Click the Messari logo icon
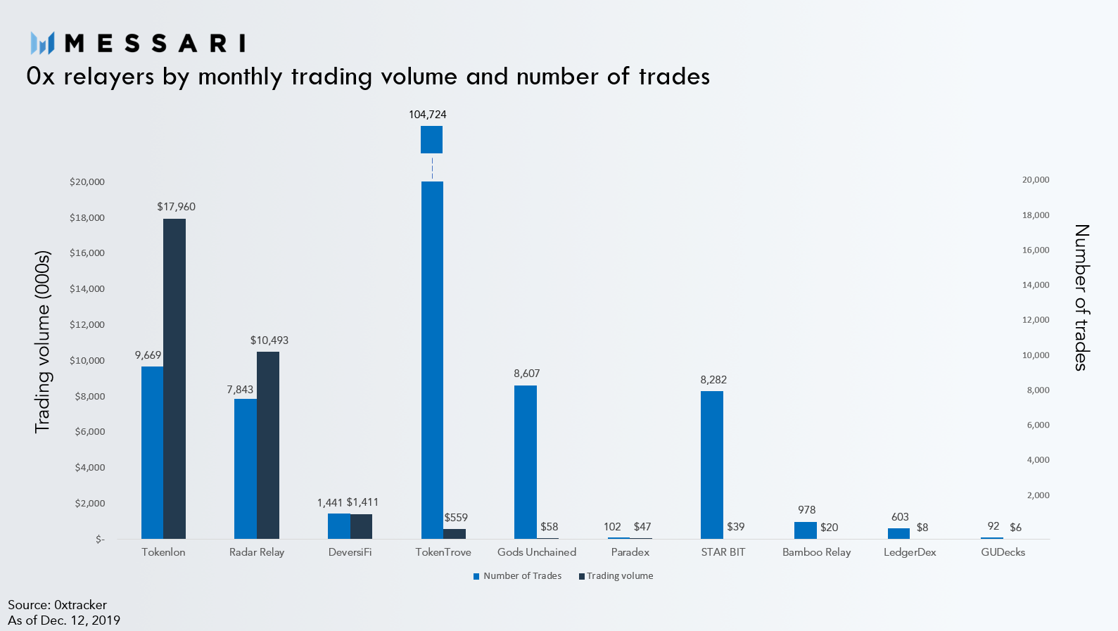pos(42,43)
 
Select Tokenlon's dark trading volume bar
pos(174,379)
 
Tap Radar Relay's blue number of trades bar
pos(246,469)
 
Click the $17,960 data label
pos(176,207)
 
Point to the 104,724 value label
pos(428,115)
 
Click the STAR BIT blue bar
pos(712,465)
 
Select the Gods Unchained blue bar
pos(526,462)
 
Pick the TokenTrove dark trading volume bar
pos(455,534)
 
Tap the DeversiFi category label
pos(350,552)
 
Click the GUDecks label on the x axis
pos(1003,552)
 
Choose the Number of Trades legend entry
pos(518,576)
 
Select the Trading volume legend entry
pos(616,576)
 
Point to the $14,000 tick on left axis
pos(87,288)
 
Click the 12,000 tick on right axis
pos(1036,320)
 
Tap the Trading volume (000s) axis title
pos(43,342)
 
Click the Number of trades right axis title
pos(1081,298)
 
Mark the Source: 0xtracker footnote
pos(58,605)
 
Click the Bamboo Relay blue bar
pos(805,530)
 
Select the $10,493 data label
pos(269,340)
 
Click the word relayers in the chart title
pos(109,77)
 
